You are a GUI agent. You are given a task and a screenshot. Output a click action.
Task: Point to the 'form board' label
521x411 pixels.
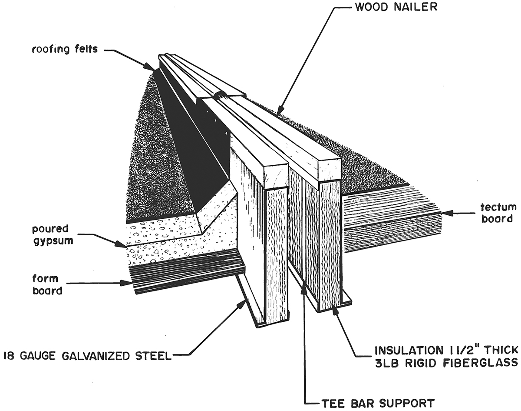pos(47,284)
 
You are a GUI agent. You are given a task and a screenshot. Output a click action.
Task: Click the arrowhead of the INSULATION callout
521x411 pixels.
pos(333,309)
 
